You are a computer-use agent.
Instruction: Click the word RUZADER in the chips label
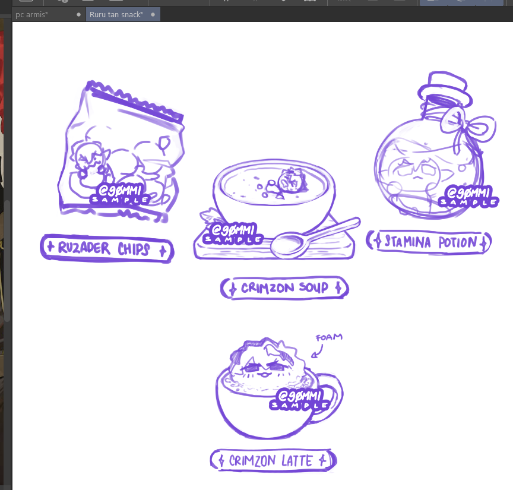point(84,248)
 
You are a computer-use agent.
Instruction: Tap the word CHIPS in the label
point(134,249)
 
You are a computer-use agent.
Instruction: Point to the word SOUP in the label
point(313,287)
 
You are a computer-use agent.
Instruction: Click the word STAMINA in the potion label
point(407,242)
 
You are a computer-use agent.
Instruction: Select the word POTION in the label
point(458,242)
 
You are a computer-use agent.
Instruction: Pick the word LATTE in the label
point(297,461)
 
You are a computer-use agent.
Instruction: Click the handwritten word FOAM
point(329,337)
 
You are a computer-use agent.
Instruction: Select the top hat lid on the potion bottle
point(444,88)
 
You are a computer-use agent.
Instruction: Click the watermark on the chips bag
point(120,194)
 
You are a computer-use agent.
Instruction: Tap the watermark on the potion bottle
point(468,197)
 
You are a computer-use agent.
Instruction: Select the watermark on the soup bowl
point(233,233)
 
